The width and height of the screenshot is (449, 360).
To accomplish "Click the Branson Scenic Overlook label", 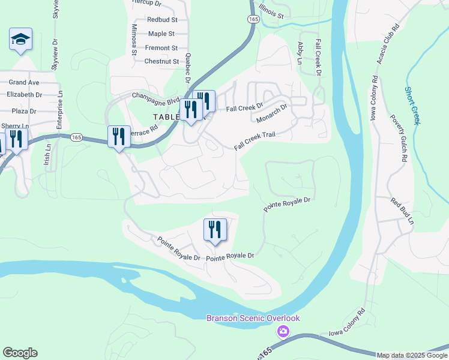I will pos(253,318).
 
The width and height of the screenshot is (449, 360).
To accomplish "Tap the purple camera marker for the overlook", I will pos(283,331).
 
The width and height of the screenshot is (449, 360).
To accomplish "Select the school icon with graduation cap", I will pos(20,40).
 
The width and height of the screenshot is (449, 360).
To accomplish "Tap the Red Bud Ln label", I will pos(402,211).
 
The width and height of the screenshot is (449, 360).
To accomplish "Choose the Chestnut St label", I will pos(161,61).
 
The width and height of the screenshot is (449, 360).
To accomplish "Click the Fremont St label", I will pos(162,48).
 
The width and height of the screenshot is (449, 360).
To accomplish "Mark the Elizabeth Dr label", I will pos(25,95).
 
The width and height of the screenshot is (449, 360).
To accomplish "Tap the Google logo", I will pos(20,353).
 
